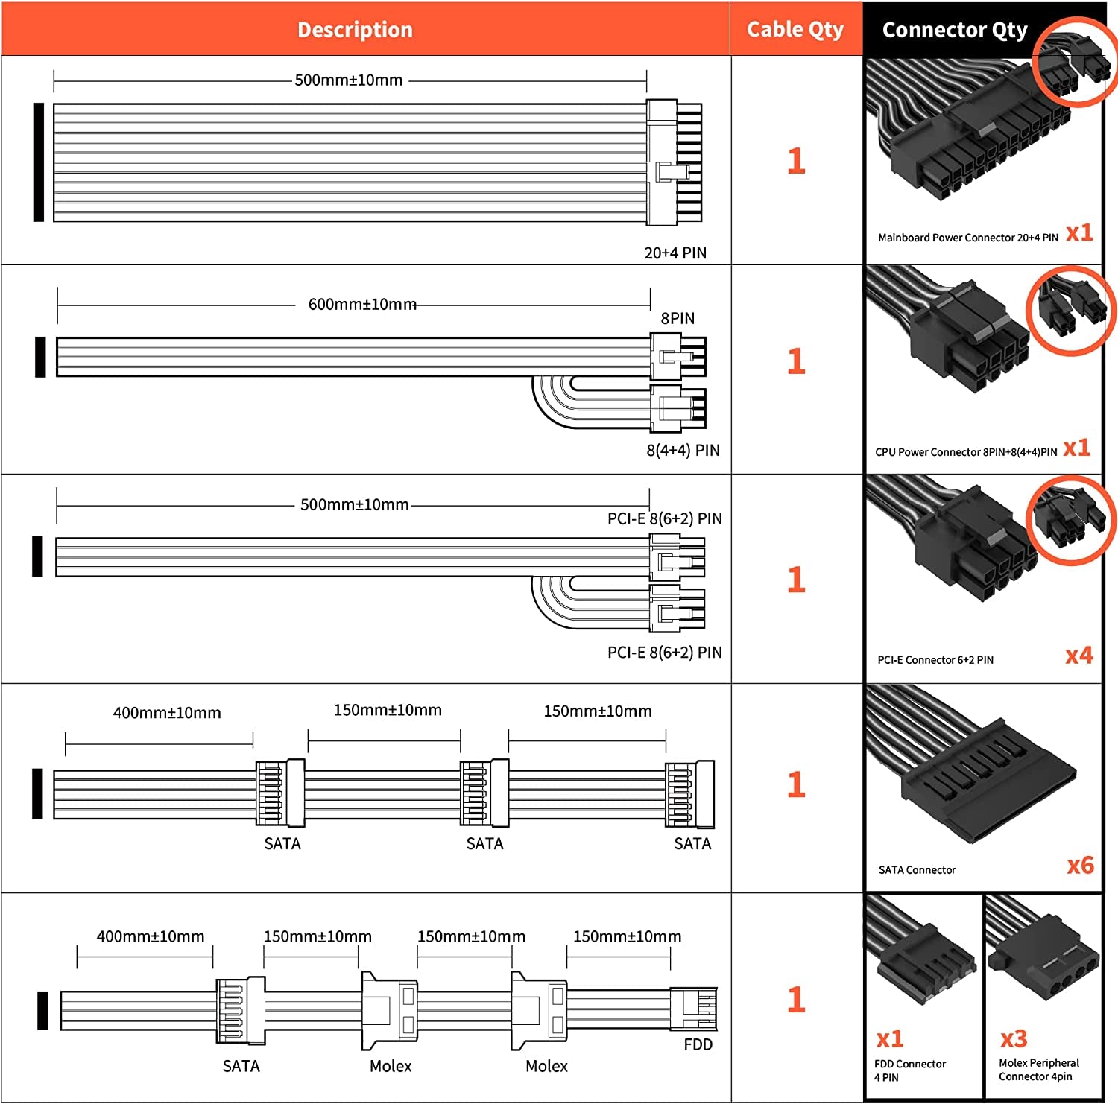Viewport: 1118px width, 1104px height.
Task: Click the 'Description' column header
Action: pyautogui.click(x=355, y=30)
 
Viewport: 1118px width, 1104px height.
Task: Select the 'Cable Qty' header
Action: pyautogui.click(x=795, y=30)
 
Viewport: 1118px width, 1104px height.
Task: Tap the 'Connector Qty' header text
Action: pyautogui.click(x=955, y=30)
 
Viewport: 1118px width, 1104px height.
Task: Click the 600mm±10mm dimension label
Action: pyautogui.click(x=362, y=304)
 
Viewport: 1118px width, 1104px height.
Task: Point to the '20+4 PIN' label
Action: pyautogui.click(x=675, y=253)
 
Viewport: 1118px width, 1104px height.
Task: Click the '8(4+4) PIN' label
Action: pyautogui.click(x=683, y=450)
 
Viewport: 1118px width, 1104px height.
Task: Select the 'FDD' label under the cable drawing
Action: pyautogui.click(x=698, y=1044)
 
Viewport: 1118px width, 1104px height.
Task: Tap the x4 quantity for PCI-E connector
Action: pyautogui.click(x=1078, y=656)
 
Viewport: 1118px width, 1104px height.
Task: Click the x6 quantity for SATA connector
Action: pyautogui.click(x=1080, y=865)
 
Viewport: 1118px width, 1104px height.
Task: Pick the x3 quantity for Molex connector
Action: pyautogui.click(x=1014, y=1038)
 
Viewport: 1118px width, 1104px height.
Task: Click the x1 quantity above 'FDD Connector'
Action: pyautogui.click(x=890, y=1038)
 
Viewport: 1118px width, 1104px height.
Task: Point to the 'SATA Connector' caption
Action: pyautogui.click(x=917, y=869)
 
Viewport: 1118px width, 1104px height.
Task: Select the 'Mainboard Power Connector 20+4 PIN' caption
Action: pyautogui.click(x=968, y=238)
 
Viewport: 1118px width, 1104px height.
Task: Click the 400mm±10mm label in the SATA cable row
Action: pyautogui.click(x=167, y=713)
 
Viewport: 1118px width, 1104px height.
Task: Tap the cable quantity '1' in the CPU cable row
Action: pyautogui.click(x=796, y=361)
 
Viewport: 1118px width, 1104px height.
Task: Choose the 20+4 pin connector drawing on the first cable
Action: pyautogui.click(x=674, y=162)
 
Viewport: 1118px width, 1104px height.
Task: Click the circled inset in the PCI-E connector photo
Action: pyautogui.click(x=1071, y=518)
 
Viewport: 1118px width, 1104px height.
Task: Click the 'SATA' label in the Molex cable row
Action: pyautogui.click(x=241, y=1066)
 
